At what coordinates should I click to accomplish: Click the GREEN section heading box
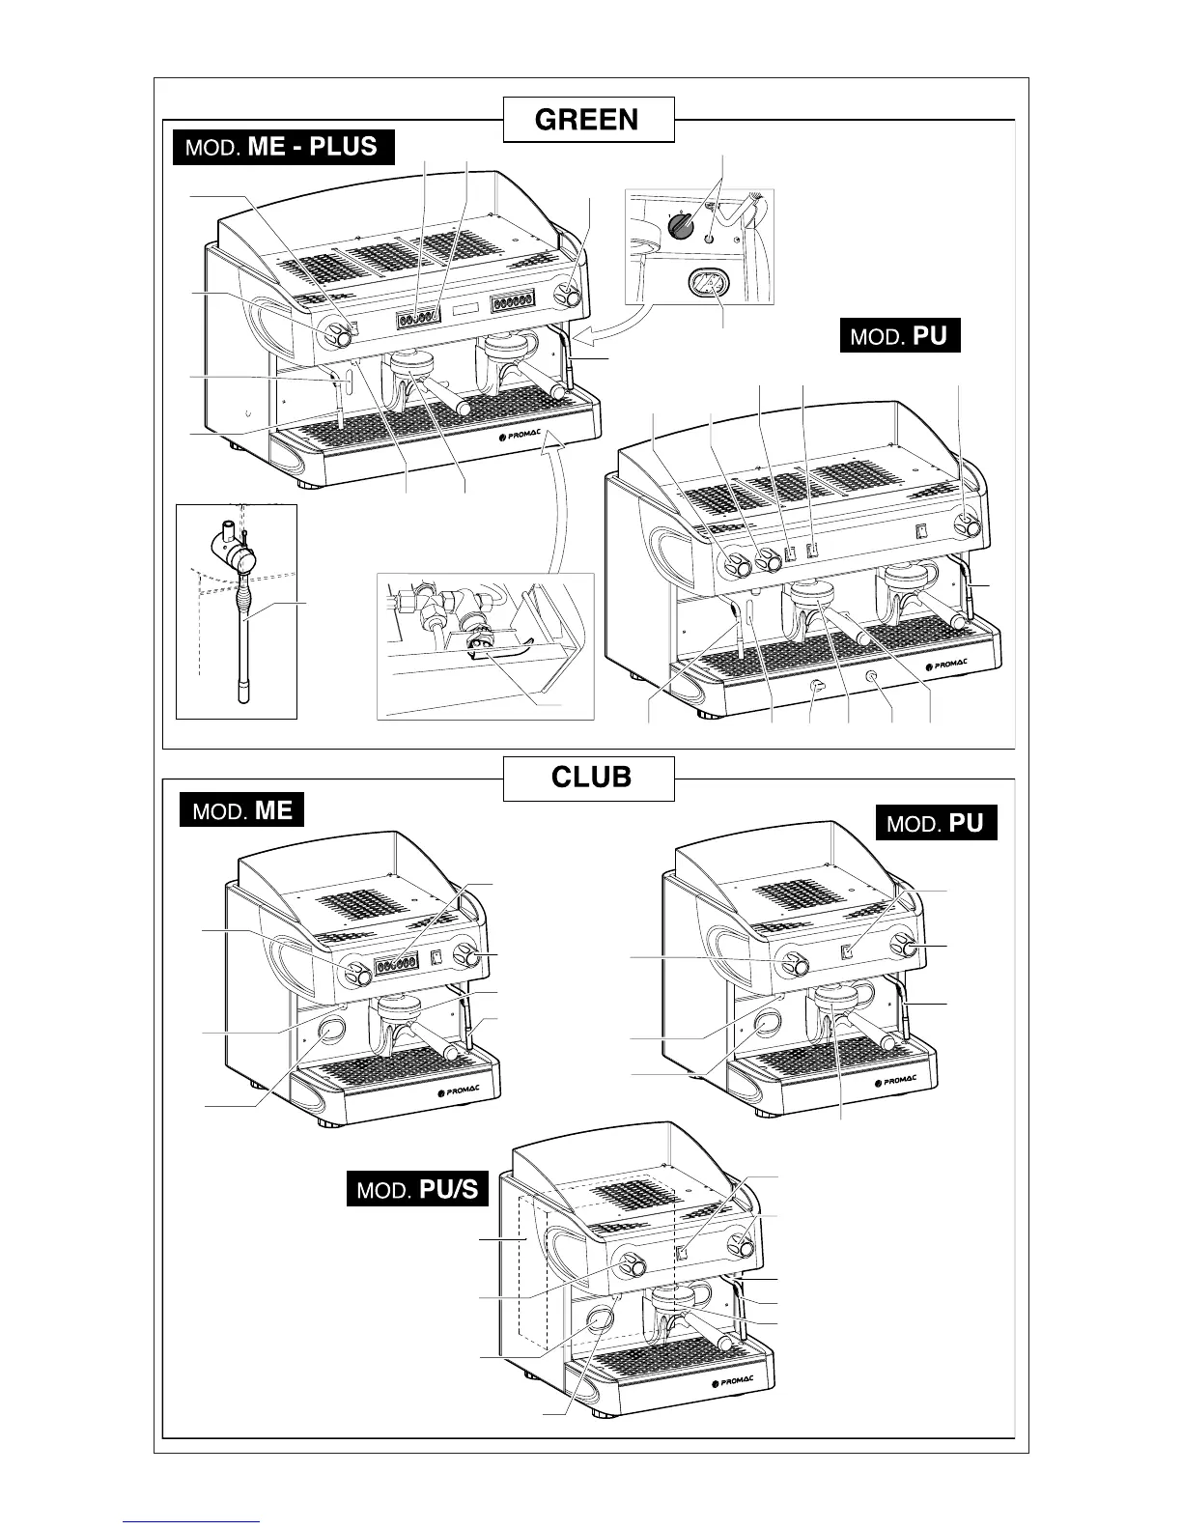(x=588, y=120)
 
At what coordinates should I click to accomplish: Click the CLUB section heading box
(x=588, y=778)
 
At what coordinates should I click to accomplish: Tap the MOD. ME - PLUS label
(x=284, y=148)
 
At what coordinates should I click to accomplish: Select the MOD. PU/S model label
(x=417, y=1188)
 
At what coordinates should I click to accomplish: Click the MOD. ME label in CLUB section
(x=241, y=809)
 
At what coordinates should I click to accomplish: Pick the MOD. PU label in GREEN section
(x=900, y=336)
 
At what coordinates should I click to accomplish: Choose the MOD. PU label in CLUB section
(x=936, y=823)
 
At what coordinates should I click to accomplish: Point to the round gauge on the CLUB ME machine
(x=330, y=1031)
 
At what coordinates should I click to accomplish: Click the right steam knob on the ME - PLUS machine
(x=572, y=297)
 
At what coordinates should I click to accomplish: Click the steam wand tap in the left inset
(x=241, y=557)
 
